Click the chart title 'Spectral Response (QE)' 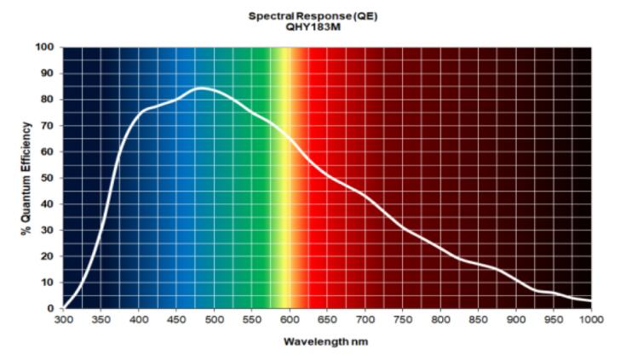pos(313,15)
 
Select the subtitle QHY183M pos(313,26)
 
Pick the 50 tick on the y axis pos(49,178)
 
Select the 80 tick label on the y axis pos(49,100)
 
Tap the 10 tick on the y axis pos(49,283)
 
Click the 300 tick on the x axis pos(63,319)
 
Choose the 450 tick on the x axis pos(176,319)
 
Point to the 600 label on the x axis pos(290,319)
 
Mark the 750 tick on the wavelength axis pos(403,319)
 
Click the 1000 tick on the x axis pos(591,319)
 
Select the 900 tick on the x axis pos(516,319)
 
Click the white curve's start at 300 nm pos(64,306)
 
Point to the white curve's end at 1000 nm pos(590,299)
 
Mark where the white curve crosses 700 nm pos(365,197)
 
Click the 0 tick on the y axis pos(51,308)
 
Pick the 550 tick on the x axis pos(252,319)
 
